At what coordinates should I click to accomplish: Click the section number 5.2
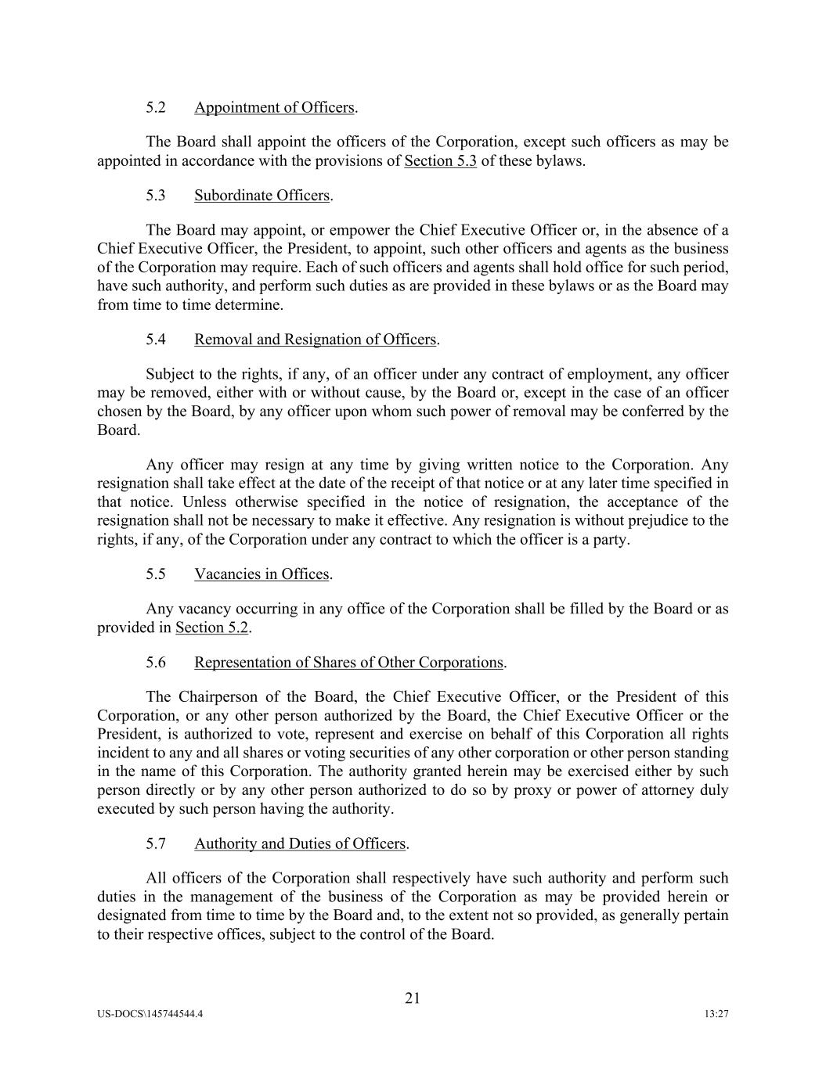(x=155, y=108)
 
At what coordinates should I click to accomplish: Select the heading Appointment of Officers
(x=274, y=108)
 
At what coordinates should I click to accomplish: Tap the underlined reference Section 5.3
(x=440, y=162)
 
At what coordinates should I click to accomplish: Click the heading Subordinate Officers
(x=262, y=196)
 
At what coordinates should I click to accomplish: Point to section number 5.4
(x=155, y=340)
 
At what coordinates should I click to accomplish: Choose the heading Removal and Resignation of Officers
(x=315, y=340)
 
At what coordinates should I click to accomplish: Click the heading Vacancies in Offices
(x=262, y=574)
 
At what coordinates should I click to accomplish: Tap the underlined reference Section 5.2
(x=211, y=627)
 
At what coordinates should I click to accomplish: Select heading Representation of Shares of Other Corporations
(x=348, y=663)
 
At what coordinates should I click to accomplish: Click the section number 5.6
(x=155, y=663)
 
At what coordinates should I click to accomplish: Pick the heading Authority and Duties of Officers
(x=300, y=844)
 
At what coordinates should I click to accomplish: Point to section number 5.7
(x=155, y=844)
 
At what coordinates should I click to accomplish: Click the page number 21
(x=413, y=998)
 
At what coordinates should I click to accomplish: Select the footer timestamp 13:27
(x=716, y=1014)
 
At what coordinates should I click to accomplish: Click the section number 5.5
(x=155, y=574)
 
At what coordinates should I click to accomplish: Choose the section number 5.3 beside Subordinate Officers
(x=155, y=196)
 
